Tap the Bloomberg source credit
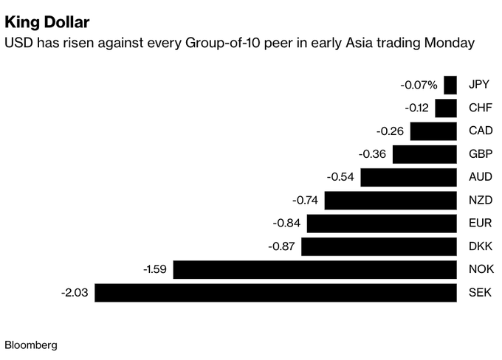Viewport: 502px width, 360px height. (31, 345)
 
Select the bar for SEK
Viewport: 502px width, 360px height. (275, 293)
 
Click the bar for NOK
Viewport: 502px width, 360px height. (314, 270)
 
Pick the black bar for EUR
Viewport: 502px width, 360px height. (382, 224)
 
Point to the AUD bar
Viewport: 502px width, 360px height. (408, 178)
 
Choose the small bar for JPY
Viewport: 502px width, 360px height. (450, 86)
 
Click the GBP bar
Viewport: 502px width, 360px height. (424, 154)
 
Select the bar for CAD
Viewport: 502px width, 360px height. (433, 131)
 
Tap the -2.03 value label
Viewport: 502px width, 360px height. (75, 293)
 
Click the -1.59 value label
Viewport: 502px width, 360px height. (154, 270)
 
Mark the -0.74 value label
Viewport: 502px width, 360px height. (305, 201)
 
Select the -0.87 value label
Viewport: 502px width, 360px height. (281, 246)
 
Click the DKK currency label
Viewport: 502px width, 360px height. (480, 246)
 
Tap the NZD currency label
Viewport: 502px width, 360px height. (480, 201)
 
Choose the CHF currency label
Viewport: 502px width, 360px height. (480, 108)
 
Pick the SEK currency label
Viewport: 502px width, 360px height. (480, 293)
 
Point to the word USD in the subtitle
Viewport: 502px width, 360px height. (18, 44)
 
